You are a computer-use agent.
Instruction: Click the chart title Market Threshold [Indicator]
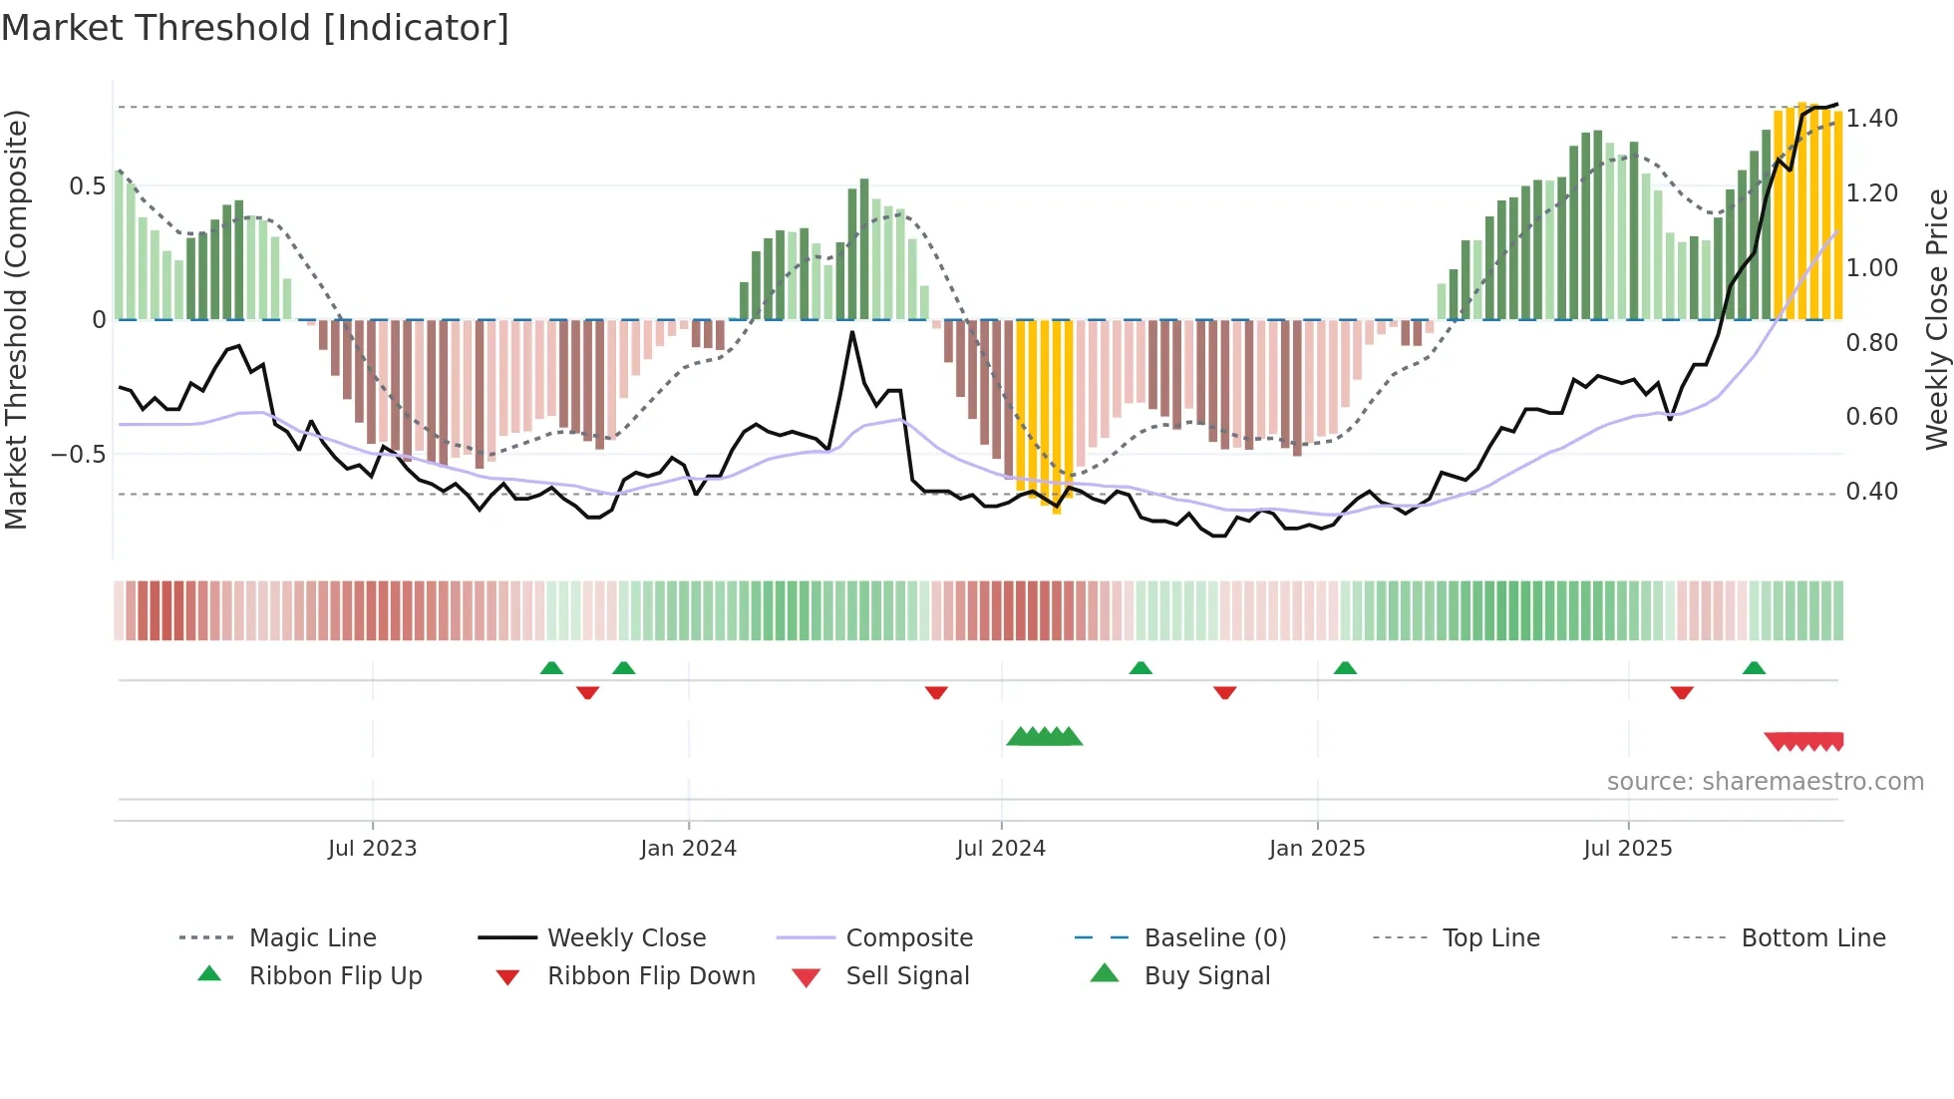point(255,28)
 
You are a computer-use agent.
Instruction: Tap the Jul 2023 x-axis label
point(372,849)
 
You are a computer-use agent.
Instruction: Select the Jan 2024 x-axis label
point(688,849)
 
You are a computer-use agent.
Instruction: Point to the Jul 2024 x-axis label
point(1001,849)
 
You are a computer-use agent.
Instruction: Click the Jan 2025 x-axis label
point(1317,849)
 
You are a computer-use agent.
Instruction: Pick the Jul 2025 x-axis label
point(1628,849)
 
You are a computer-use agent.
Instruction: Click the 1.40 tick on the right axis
point(1872,119)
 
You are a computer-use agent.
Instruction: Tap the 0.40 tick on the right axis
point(1872,492)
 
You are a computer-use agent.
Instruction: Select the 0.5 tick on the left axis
point(87,186)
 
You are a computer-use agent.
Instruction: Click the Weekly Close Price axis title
point(1936,319)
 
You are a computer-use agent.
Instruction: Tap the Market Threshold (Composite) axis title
point(16,319)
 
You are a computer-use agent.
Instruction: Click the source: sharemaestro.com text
point(1765,782)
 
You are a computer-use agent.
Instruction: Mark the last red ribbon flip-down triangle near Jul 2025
point(1682,692)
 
